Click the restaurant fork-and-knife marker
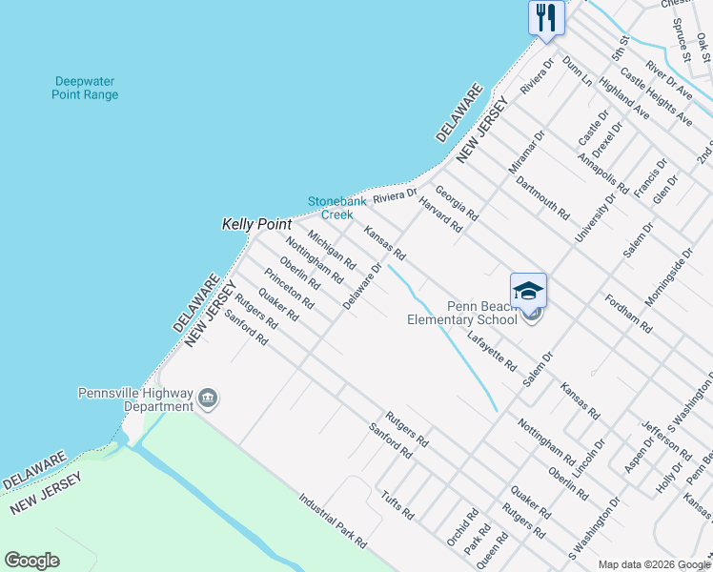547,17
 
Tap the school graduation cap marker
528,291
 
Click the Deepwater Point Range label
86,88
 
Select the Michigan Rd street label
332,248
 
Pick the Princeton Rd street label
290,288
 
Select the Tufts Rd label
397,505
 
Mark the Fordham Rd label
628,313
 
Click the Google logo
31,561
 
